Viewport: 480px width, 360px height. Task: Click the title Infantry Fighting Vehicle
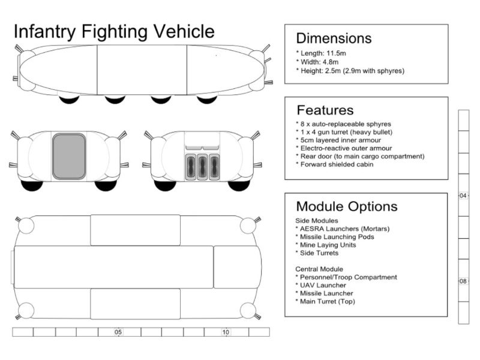[x=113, y=31]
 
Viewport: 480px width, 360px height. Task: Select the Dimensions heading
[x=334, y=38]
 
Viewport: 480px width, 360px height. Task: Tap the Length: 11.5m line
[x=325, y=53]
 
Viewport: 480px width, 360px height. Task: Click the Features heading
[x=325, y=110]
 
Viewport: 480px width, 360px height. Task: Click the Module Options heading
[x=347, y=206]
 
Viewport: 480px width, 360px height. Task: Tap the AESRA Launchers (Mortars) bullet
[x=343, y=229]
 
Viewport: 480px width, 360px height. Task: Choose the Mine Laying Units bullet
[x=328, y=245]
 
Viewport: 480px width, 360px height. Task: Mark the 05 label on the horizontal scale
[x=118, y=332]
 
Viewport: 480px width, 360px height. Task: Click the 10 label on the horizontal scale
[x=226, y=332]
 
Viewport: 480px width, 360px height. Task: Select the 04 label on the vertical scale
[x=463, y=196]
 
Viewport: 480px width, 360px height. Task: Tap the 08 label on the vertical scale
[x=463, y=281]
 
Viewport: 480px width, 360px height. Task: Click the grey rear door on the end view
[x=69, y=157]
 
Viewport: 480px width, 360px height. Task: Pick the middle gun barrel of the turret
[x=202, y=167]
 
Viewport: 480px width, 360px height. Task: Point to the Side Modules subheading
[x=317, y=221]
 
